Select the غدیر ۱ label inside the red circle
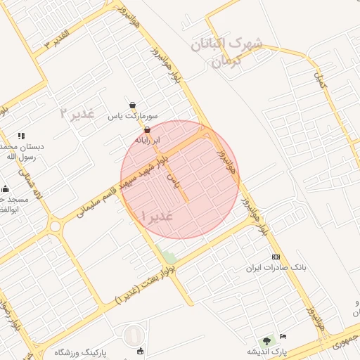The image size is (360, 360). [x=157, y=215]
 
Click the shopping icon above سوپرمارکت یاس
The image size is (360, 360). [x=133, y=105]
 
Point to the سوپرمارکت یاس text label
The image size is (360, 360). [x=133, y=116]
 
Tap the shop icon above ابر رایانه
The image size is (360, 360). [x=147, y=130]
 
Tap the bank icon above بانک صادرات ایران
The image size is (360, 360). [x=276, y=257]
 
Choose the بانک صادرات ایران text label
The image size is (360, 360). [x=276, y=268]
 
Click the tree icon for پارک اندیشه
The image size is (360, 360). [x=266, y=341]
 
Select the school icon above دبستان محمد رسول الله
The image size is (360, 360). [x=21, y=135]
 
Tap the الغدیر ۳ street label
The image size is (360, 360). [x=57, y=38]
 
